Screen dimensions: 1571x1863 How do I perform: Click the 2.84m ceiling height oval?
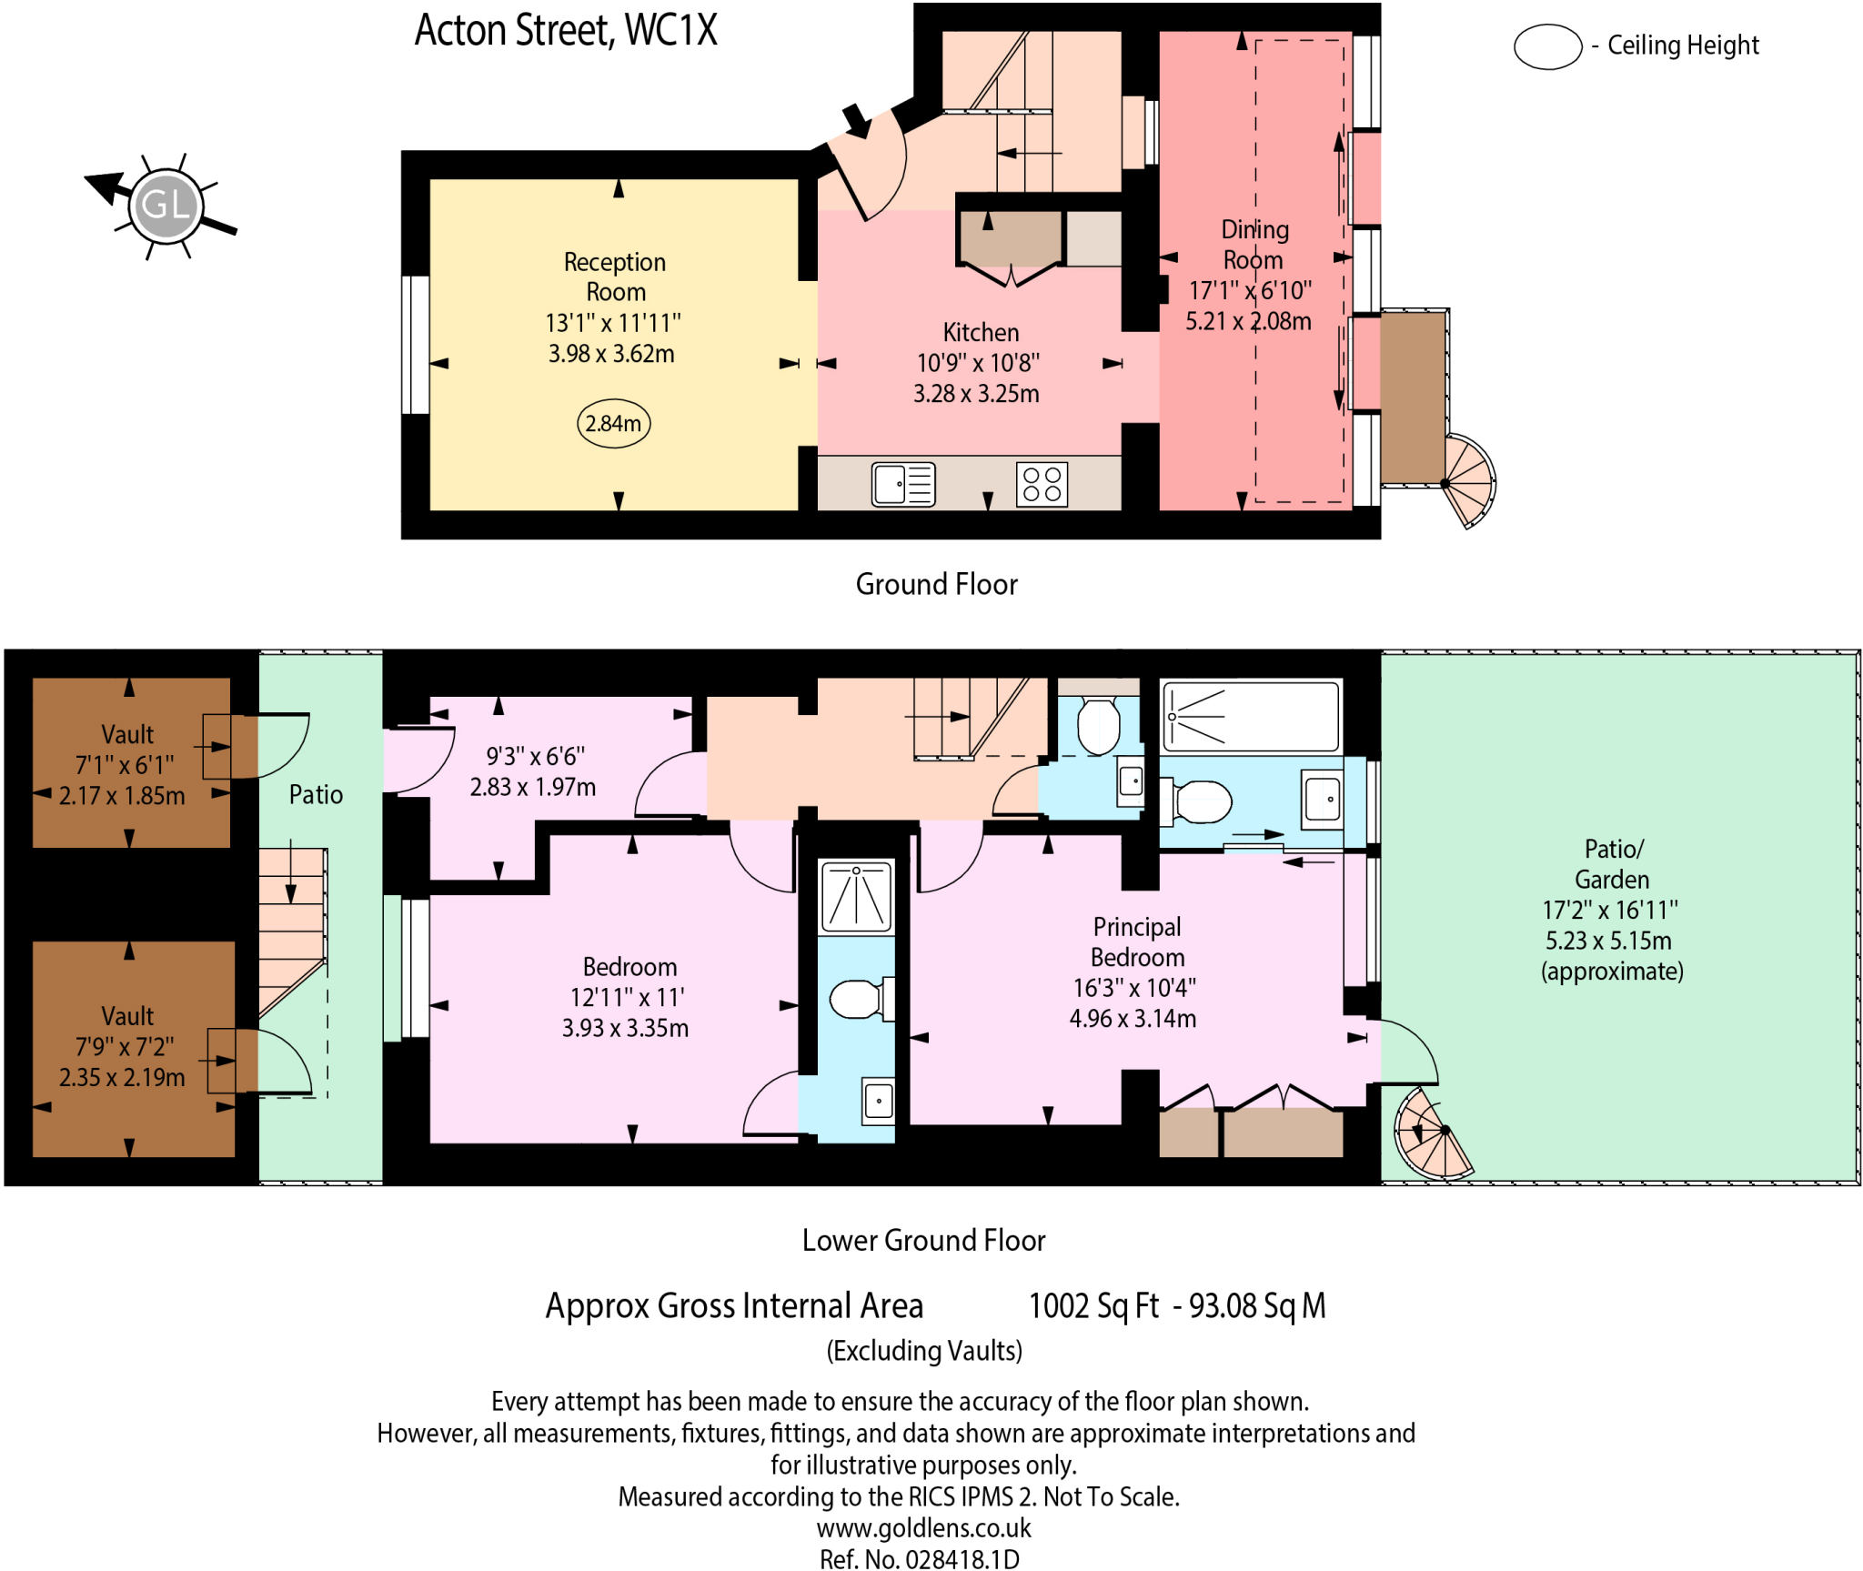pyautogui.click(x=613, y=423)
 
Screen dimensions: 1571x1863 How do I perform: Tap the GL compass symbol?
pyautogui.click(x=166, y=205)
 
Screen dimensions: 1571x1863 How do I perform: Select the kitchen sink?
pyautogui.click(x=902, y=484)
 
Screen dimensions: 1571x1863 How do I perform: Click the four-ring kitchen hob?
pyautogui.click(x=1042, y=484)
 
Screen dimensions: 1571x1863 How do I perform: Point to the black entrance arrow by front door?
pyautogui.click(x=856, y=120)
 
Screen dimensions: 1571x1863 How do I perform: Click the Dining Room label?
pyautogui.click(x=1254, y=245)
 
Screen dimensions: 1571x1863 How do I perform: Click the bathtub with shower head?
pyautogui.click(x=1250, y=717)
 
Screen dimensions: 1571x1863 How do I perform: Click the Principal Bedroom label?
pyautogui.click(x=1136, y=942)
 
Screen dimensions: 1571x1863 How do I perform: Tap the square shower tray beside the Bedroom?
pyautogui.click(x=856, y=898)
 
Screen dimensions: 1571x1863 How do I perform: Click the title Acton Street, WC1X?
pyautogui.click(x=566, y=31)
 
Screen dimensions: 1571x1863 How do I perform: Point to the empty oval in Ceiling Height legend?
pyautogui.click(x=1547, y=46)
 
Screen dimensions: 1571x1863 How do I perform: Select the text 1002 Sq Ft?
pyautogui.click(x=1093, y=1305)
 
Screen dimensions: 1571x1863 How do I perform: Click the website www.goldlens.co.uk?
pyautogui.click(x=923, y=1527)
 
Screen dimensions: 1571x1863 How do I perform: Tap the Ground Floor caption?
pyautogui.click(x=936, y=584)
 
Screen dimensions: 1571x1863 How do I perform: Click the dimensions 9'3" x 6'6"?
pyautogui.click(x=535, y=756)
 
